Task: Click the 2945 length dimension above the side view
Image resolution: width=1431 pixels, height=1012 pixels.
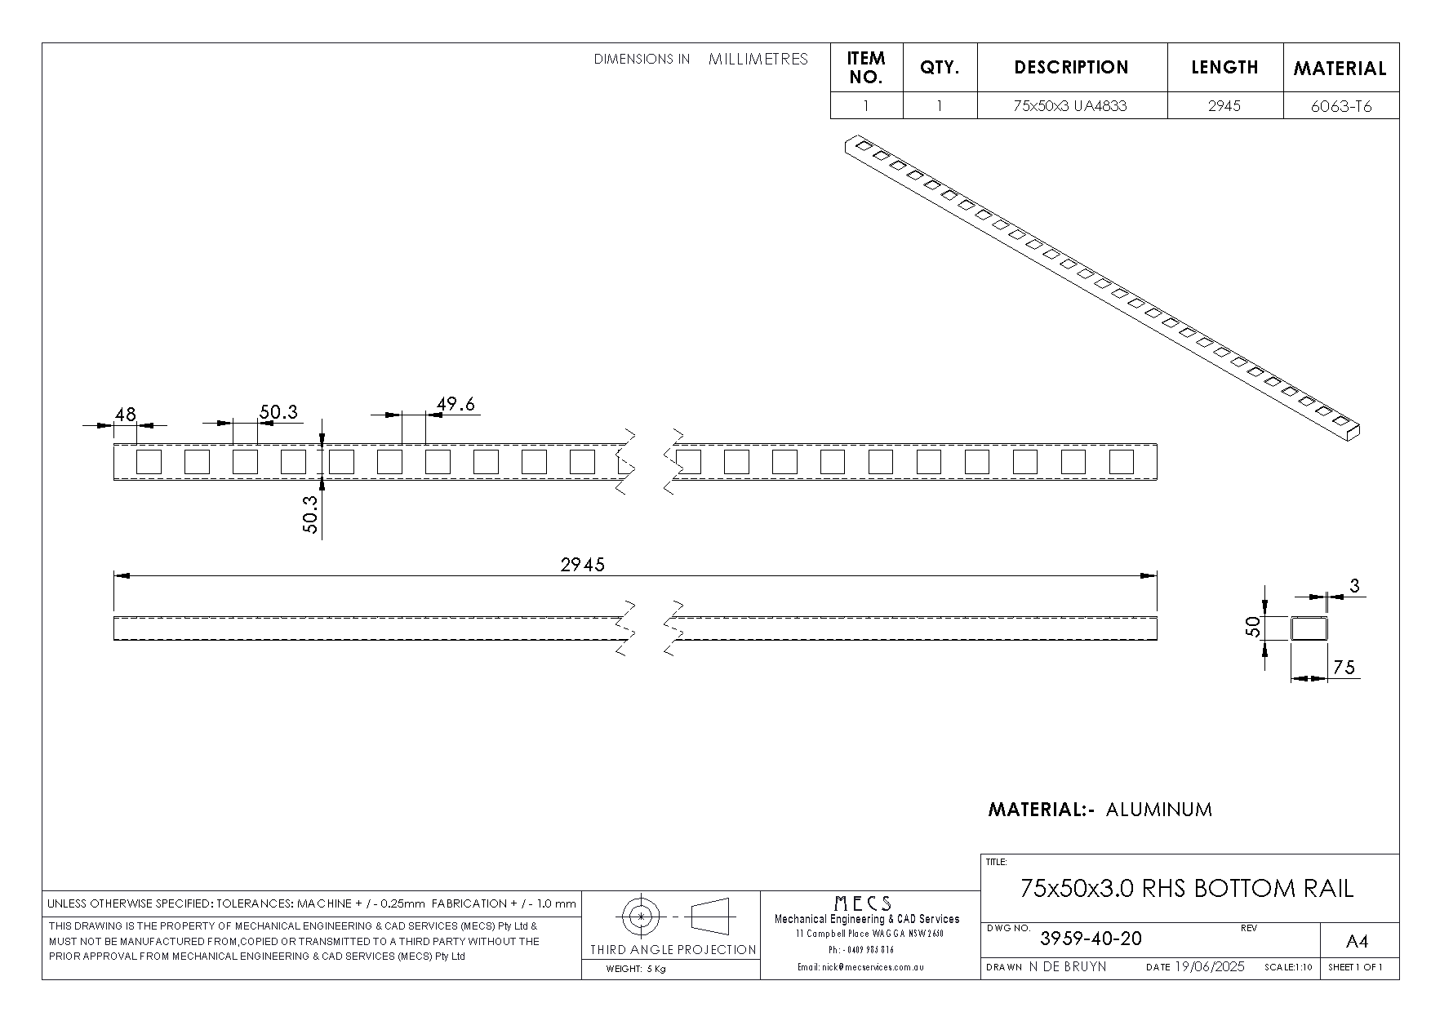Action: (582, 565)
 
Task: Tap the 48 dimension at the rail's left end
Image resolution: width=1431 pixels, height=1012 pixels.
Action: (125, 415)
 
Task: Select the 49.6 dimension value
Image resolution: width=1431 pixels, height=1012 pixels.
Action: (456, 404)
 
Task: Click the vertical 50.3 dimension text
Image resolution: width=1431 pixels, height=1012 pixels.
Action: (310, 515)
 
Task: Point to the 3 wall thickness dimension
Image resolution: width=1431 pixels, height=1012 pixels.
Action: (1355, 585)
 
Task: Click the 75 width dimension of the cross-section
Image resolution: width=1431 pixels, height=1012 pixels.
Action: (1344, 668)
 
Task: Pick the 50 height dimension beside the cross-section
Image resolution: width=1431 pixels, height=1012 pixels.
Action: (1253, 627)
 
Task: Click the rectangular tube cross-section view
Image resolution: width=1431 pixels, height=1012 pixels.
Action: (1309, 628)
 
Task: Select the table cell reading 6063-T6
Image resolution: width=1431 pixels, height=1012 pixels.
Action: (1340, 106)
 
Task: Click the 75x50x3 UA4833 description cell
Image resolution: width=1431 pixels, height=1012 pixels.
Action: (1071, 106)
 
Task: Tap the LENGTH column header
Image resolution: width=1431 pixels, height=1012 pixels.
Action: (1224, 68)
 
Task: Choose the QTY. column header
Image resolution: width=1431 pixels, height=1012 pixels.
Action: (940, 68)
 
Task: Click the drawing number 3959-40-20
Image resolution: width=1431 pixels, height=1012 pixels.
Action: (1091, 939)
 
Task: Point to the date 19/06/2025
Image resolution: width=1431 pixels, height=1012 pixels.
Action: (1210, 966)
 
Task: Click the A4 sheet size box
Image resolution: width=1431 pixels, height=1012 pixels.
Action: (1356, 942)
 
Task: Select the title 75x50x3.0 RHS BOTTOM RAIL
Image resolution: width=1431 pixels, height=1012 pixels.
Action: (1187, 888)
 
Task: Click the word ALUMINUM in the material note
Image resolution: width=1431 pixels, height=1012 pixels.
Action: (1159, 810)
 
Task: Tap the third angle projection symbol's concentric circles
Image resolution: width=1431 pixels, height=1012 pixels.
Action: (642, 917)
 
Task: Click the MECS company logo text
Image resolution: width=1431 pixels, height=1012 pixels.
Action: (863, 903)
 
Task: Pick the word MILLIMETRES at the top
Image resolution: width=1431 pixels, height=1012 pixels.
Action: (758, 59)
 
